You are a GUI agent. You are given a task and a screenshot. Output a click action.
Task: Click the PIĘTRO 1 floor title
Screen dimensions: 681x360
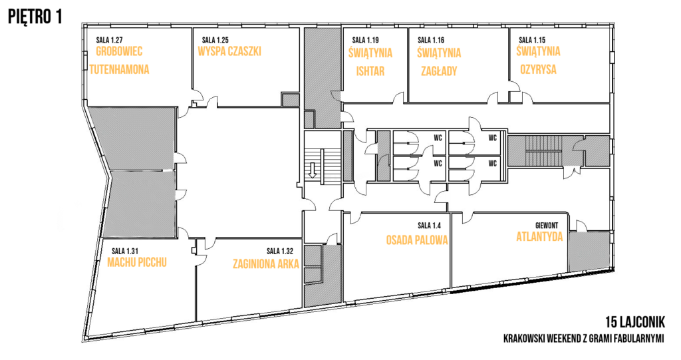[35, 17]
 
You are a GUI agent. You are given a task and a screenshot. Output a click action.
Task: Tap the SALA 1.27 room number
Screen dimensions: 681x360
[110, 41]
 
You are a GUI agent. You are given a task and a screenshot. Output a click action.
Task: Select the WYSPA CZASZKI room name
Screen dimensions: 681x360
[229, 51]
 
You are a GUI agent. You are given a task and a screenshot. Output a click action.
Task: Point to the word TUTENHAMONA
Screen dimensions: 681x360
[120, 69]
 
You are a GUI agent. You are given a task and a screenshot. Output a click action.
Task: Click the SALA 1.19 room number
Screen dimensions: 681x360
[366, 41]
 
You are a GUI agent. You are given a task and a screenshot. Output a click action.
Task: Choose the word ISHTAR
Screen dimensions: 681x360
[370, 71]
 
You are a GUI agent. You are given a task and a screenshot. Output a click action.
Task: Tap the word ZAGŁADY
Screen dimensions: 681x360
[439, 71]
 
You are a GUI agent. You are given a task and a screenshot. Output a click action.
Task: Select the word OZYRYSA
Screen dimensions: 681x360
[538, 70]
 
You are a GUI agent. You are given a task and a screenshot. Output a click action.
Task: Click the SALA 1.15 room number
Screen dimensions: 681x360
[532, 41]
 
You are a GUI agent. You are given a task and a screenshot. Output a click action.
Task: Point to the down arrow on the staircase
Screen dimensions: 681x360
[312, 170]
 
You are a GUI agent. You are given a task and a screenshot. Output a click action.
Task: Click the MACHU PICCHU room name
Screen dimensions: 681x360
[137, 263]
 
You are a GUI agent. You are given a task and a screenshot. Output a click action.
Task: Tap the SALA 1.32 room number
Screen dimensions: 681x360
[280, 252]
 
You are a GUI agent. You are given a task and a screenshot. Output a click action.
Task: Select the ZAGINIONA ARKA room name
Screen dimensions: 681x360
[266, 264]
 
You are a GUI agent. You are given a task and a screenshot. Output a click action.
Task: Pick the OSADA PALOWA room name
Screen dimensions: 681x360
[417, 240]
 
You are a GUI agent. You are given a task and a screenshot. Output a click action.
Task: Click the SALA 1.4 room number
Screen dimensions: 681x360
[429, 226]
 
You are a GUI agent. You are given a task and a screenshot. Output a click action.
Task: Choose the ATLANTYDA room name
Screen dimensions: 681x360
[539, 236]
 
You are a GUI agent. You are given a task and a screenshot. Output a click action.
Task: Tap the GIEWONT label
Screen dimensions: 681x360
[547, 226]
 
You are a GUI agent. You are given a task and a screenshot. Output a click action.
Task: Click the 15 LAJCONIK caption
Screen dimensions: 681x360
[635, 322]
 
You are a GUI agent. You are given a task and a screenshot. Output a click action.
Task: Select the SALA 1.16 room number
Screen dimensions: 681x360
[431, 41]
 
